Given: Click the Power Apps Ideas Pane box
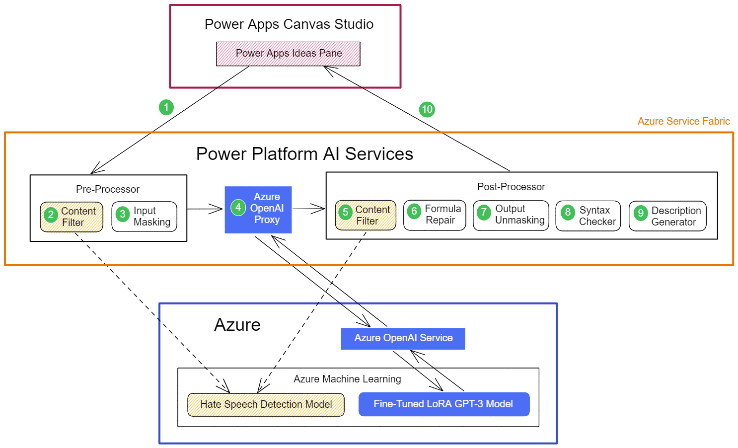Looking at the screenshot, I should click(288, 54).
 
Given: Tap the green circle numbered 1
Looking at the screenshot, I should click(166, 107).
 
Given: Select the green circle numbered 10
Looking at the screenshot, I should click(427, 109).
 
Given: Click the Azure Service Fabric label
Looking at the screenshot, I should click(683, 121).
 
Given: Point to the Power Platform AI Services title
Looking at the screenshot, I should click(304, 154).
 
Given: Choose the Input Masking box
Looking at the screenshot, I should click(145, 217).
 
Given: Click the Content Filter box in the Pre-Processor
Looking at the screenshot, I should click(72, 217).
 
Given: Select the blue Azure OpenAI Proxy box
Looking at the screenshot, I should click(258, 210).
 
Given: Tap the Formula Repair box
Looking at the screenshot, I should click(435, 215).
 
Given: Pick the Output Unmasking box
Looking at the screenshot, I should click(511, 215).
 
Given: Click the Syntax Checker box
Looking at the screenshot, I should click(588, 216).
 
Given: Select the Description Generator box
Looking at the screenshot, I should click(667, 216).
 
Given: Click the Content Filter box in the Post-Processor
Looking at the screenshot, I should click(366, 215).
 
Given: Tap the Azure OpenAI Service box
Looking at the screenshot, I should click(403, 338).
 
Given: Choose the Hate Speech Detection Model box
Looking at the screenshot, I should click(266, 404).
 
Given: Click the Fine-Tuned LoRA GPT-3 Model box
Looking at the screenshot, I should click(443, 404).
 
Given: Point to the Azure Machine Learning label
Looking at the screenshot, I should click(347, 379).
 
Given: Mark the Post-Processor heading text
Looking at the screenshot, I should click(511, 187).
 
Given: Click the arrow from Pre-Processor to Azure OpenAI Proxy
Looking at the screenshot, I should click(205, 209).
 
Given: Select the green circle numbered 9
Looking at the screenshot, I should click(641, 213).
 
